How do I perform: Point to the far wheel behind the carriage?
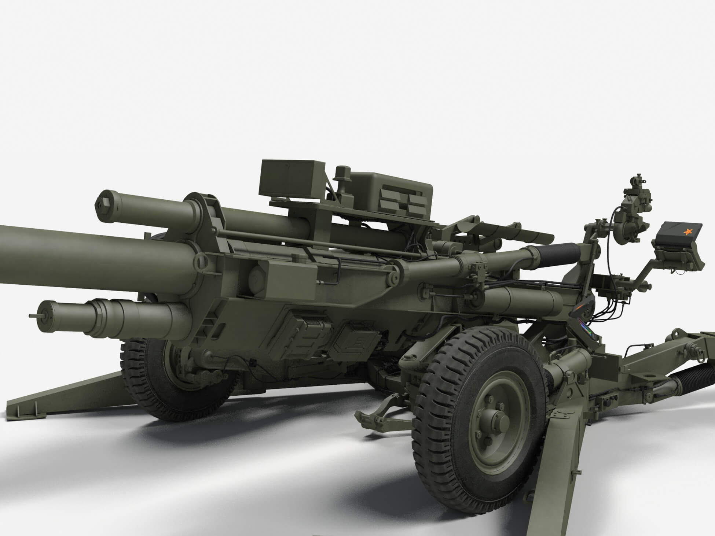tap(172, 370)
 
